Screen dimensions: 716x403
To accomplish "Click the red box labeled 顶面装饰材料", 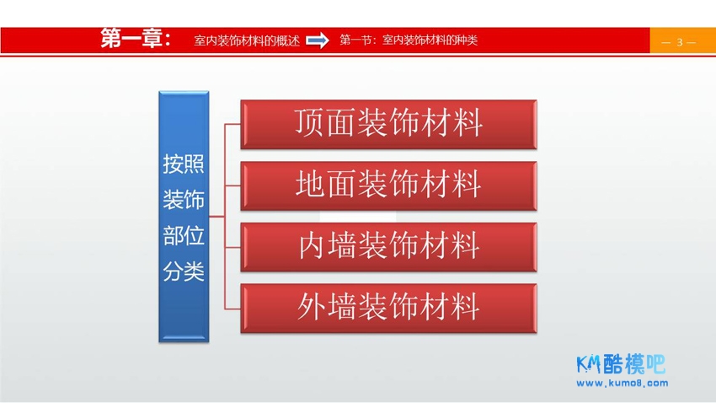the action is (388, 124).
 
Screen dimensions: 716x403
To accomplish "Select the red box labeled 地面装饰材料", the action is (388, 186).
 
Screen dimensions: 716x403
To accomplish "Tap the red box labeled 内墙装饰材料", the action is (388, 247).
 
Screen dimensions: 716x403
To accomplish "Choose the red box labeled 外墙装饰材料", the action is (388, 309).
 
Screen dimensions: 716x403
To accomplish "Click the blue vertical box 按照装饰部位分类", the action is (184, 217).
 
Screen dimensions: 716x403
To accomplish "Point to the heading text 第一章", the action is (136, 39).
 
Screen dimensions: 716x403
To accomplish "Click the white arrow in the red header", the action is (318, 40).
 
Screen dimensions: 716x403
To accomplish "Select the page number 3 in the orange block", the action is (680, 42).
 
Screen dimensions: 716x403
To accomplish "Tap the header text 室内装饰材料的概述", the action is (247, 40).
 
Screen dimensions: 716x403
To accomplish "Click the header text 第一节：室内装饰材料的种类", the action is (409, 40).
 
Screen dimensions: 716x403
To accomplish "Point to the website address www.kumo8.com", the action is (622, 383).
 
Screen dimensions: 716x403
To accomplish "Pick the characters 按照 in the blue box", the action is (184, 164).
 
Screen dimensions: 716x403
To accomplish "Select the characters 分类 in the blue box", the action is (184, 271).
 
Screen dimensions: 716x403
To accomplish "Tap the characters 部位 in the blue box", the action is (184, 236).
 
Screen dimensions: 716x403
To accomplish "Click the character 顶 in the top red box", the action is (310, 122).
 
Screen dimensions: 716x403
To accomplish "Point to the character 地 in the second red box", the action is (310, 184).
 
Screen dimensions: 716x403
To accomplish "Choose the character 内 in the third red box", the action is (313, 245).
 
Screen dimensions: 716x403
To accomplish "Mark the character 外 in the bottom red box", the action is (313, 307).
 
